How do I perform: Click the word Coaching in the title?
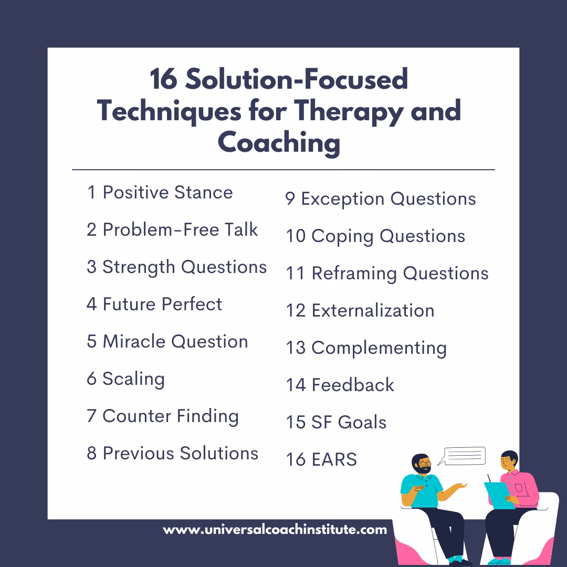(279, 143)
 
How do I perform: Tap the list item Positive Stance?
(160, 193)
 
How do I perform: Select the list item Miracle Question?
(167, 342)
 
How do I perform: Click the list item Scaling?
(125, 379)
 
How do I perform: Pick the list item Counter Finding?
(163, 416)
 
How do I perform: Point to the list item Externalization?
(360, 310)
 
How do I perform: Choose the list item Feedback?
(340, 385)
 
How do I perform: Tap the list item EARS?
(321, 459)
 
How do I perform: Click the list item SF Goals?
(336, 422)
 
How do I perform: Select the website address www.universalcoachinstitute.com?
(275, 530)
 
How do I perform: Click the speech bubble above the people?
(464, 455)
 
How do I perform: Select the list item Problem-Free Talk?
(172, 230)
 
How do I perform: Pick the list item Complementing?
(366, 348)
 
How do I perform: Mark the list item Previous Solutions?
(172, 454)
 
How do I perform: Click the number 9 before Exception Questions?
(290, 199)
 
